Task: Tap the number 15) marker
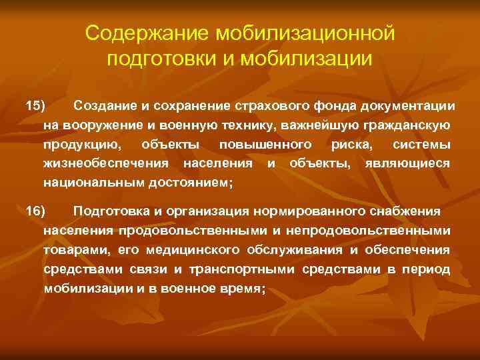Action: coord(34,106)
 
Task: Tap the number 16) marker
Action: coord(34,211)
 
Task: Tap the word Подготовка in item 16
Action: coord(109,211)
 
